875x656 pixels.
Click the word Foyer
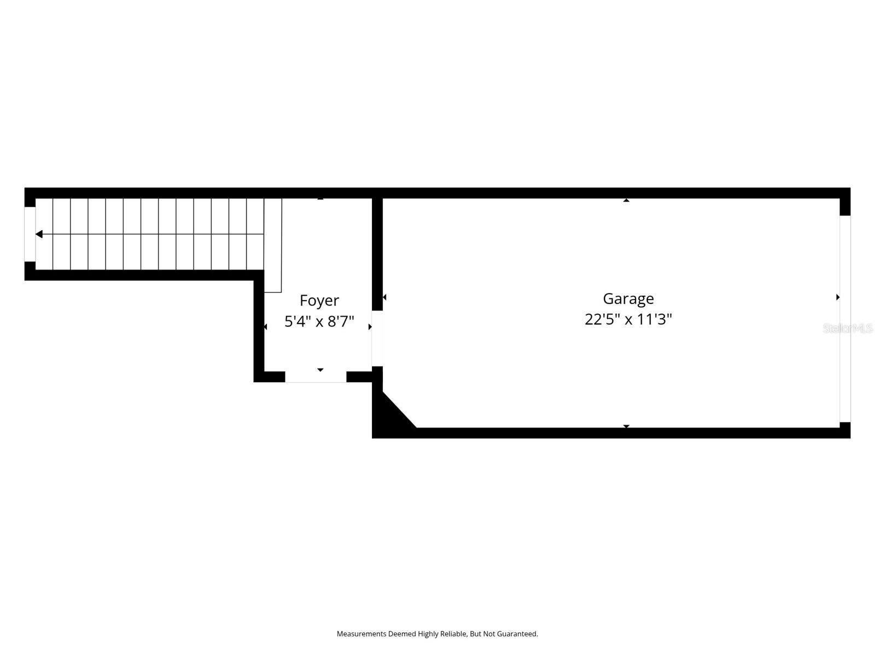pos(319,301)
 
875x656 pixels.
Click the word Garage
pos(628,298)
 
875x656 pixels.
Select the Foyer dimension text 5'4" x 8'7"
pos(319,321)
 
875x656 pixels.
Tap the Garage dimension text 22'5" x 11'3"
pos(628,319)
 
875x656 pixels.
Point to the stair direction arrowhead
pos(39,234)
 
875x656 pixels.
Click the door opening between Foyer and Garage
pos(377,338)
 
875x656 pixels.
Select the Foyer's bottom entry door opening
pos(316,377)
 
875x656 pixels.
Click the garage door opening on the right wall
pos(845,319)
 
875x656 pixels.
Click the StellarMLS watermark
pos(848,328)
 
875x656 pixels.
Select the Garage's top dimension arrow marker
pos(626,201)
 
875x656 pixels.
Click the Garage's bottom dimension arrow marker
pos(626,426)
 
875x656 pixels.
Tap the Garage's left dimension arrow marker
pos(384,297)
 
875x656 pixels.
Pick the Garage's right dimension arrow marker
pos(838,297)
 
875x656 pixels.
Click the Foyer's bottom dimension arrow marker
pos(320,370)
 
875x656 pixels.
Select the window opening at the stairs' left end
pos(30,234)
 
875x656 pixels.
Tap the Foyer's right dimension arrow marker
pos(370,327)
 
